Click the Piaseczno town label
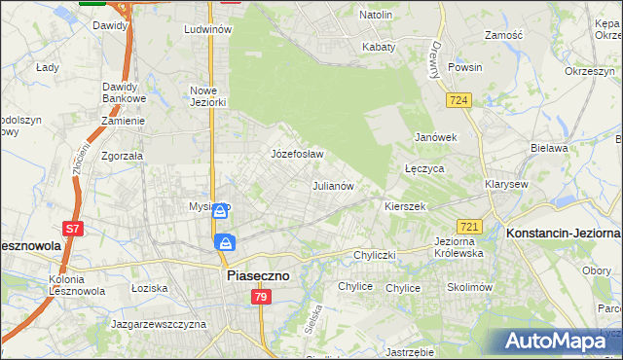click(257, 276)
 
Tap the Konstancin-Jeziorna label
click(564, 234)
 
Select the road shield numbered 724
click(460, 100)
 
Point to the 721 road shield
click(468, 226)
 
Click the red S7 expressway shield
click(72, 230)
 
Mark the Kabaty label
click(379, 47)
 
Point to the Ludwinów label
click(207, 30)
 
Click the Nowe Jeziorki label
click(207, 96)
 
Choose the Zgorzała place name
click(123, 156)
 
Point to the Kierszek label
click(406, 207)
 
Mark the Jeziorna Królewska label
click(458, 247)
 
